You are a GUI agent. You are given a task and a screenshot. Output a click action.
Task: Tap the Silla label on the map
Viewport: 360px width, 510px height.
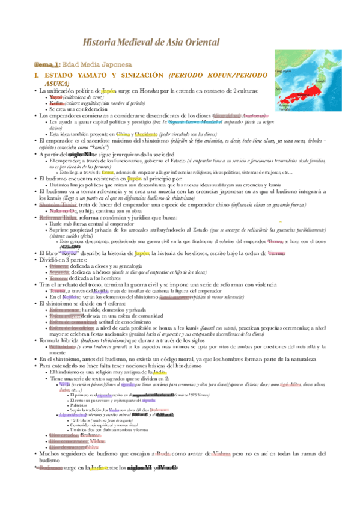click(x=279, y=88)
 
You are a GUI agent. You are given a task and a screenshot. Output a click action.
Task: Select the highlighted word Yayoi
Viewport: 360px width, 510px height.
click(x=56, y=97)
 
